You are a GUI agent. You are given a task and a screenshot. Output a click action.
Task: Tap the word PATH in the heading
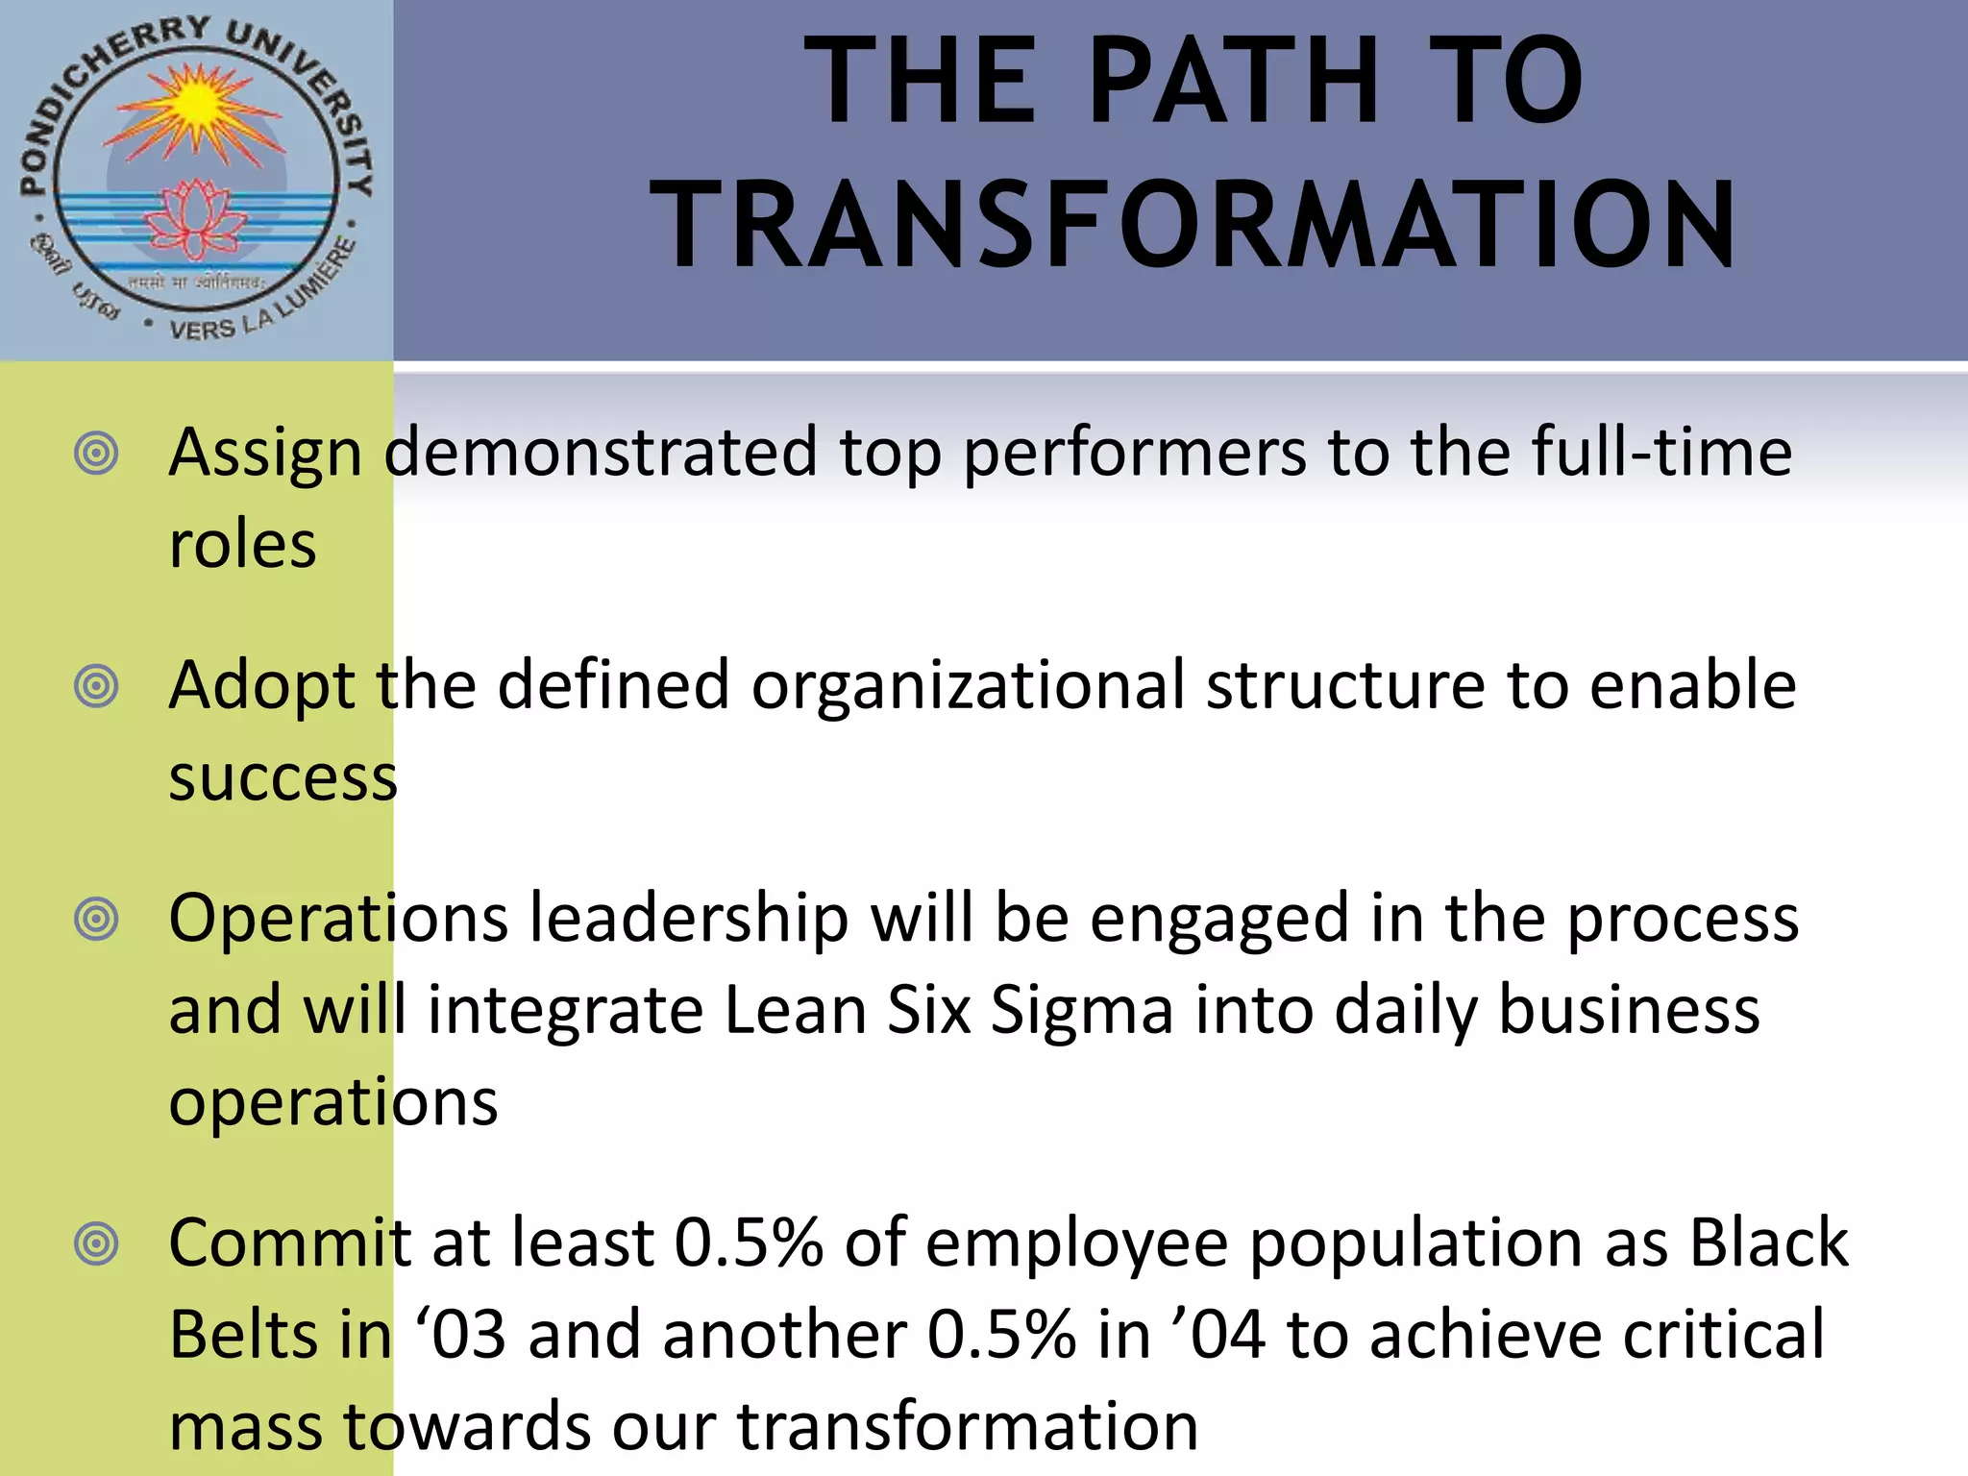click(1234, 81)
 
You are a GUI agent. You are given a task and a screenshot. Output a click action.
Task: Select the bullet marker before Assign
click(96, 453)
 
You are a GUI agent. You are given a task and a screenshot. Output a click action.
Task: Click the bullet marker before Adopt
click(96, 686)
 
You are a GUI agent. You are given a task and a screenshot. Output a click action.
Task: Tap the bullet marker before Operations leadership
click(96, 920)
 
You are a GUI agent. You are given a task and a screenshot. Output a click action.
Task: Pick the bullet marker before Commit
click(96, 1244)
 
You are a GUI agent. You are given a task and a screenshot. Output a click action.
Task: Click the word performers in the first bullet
click(1134, 453)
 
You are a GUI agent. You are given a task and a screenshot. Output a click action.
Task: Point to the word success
click(283, 777)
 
